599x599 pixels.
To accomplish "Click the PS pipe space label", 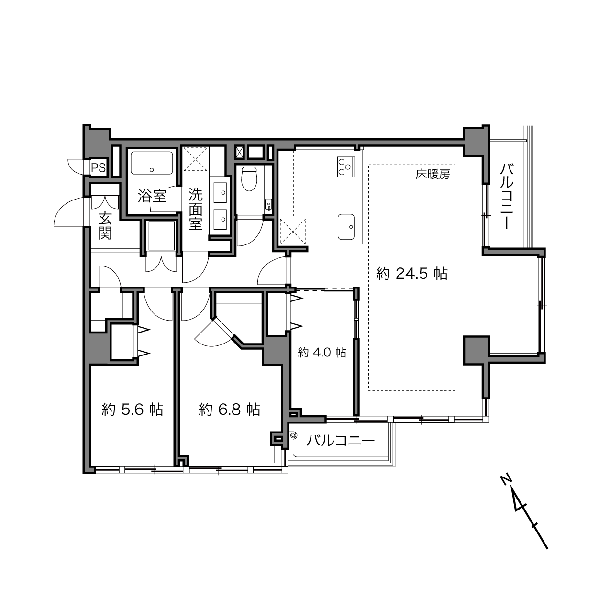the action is (98, 168).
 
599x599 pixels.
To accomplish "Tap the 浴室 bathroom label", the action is (152, 196).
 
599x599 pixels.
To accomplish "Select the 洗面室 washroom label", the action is (196, 209).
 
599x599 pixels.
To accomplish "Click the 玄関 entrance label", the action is (105, 226).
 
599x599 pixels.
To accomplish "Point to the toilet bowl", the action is (249, 179).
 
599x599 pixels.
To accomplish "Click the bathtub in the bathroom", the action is (152, 163).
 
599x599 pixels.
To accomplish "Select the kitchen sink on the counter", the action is (346, 227).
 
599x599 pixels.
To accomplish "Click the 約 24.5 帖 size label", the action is (411, 274).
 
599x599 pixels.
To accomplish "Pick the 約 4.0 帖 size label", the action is (322, 352).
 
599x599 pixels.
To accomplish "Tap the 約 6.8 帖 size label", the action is (229, 410).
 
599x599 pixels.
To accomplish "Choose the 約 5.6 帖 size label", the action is (133, 410).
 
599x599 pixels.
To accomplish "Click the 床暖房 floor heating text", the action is (433, 175).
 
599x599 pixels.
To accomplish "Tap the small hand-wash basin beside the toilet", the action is (268, 205).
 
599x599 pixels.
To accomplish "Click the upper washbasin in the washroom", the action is (220, 193).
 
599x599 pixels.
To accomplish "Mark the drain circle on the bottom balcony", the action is (292, 435).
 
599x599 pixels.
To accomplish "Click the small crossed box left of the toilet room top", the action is (240, 153).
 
